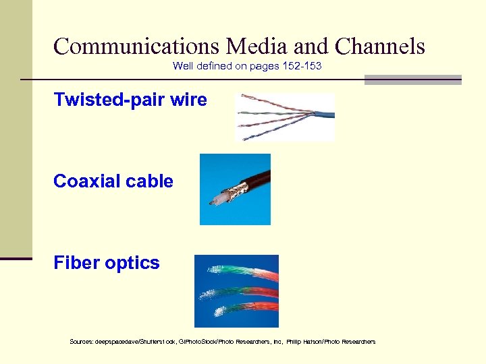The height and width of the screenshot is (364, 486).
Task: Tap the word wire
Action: point(189,100)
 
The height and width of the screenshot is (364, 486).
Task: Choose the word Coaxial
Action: point(85,181)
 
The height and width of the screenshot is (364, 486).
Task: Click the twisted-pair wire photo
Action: point(284,117)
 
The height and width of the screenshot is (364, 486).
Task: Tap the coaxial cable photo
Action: point(235,189)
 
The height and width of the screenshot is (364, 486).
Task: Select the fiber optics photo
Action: point(236,291)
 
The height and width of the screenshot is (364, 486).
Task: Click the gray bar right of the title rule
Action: point(412,80)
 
